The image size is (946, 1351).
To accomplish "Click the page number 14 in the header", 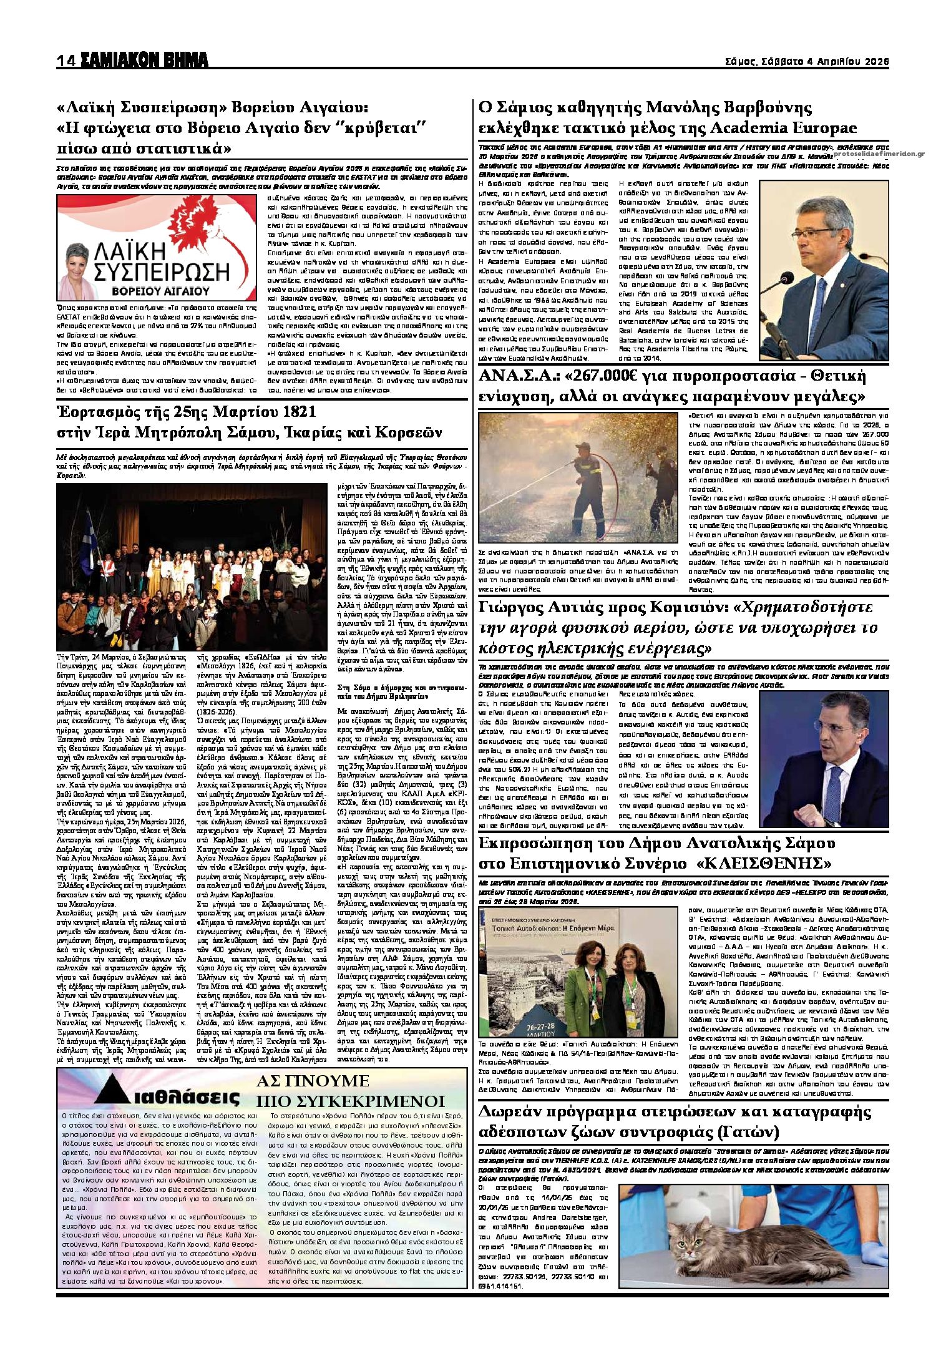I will [x=66, y=61].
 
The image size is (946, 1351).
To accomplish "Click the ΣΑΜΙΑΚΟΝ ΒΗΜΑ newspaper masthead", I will [x=143, y=61].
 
